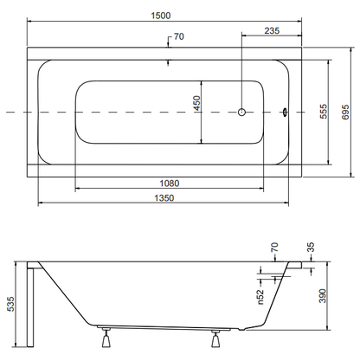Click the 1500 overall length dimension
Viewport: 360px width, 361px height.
161,16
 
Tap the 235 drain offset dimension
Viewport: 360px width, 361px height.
272,30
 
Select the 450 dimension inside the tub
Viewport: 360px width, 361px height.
196,103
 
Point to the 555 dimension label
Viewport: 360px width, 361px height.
324,111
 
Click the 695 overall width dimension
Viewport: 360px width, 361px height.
345,112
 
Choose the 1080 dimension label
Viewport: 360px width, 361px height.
170,184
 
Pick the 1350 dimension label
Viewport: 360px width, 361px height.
164,198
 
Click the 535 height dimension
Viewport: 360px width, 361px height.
10,304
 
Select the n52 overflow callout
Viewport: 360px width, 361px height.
260,297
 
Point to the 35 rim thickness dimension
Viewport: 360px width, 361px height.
311,248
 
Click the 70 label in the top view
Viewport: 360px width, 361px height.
178,36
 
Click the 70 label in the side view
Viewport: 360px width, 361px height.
274,248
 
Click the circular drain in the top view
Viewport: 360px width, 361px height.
241,112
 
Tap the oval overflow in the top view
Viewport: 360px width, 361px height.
285,112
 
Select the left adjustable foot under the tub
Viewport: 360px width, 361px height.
106,338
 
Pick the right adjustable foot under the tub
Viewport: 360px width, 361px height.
215,338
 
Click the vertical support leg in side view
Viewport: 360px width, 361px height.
30,307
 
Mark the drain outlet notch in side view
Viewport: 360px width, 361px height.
242,329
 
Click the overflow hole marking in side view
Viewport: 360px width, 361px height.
276,278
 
